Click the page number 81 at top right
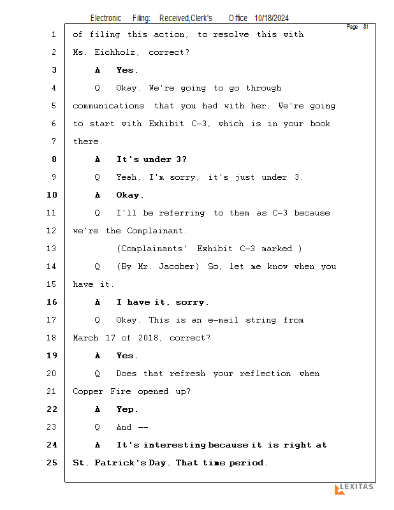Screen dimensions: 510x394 click(366, 27)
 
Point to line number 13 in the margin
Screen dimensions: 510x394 click(52, 249)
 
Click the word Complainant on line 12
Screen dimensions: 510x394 click(156, 231)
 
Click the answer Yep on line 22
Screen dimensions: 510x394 click(126, 409)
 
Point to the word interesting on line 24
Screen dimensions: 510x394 click(174, 445)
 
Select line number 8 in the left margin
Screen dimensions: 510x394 click(54, 159)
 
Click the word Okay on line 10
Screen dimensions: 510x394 click(129, 195)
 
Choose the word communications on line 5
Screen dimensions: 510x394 click(108, 106)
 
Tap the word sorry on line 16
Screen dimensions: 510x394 click(193, 302)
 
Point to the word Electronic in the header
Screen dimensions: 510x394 click(106, 18)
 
